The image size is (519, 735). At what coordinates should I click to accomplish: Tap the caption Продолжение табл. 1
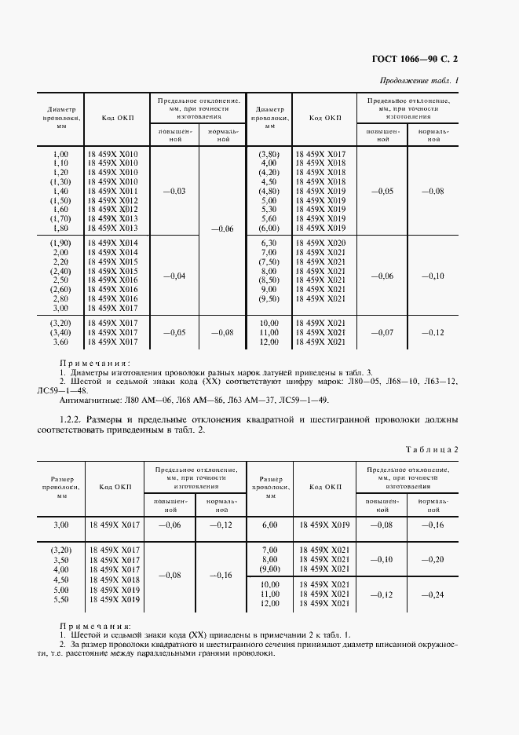click(x=419, y=80)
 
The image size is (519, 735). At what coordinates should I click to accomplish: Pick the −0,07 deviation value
click(x=382, y=332)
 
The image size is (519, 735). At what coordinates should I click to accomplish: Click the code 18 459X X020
click(x=320, y=242)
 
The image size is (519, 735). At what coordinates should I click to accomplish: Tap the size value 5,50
click(x=60, y=599)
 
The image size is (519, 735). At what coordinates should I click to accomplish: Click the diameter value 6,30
click(x=269, y=242)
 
